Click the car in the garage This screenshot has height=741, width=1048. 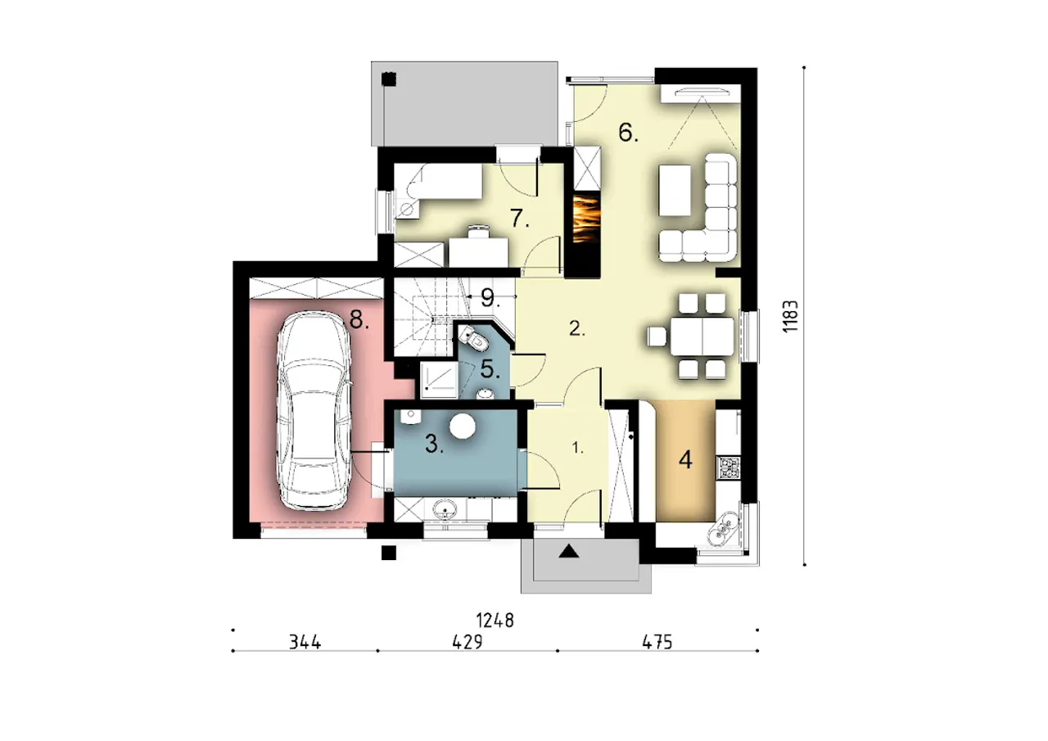(x=314, y=411)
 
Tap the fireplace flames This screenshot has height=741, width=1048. (x=585, y=219)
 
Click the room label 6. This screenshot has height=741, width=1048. (x=628, y=133)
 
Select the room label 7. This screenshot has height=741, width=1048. (x=519, y=218)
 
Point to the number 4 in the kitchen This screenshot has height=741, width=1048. (x=685, y=460)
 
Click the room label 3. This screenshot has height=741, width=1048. (x=434, y=444)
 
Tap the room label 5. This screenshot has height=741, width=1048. (x=490, y=369)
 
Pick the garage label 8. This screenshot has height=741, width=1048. (x=359, y=320)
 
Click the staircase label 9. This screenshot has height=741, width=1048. (x=490, y=299)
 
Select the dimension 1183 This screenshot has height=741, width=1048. (x=790, y=316)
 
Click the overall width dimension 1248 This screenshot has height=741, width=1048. (x=495, y=621)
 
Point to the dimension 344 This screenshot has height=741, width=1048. (x=305, y=642)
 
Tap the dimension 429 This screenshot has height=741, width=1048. (x=468, y=642)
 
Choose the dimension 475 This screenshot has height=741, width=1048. (x=657, y=642)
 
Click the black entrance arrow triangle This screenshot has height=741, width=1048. (x=569, y=552)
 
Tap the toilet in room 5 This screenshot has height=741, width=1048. (x=474, y=339)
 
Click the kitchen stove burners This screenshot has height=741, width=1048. (x=729, y=468)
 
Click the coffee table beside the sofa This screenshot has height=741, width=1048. (x=675, y=190)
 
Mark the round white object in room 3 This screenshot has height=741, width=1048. (x=463, y=426)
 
